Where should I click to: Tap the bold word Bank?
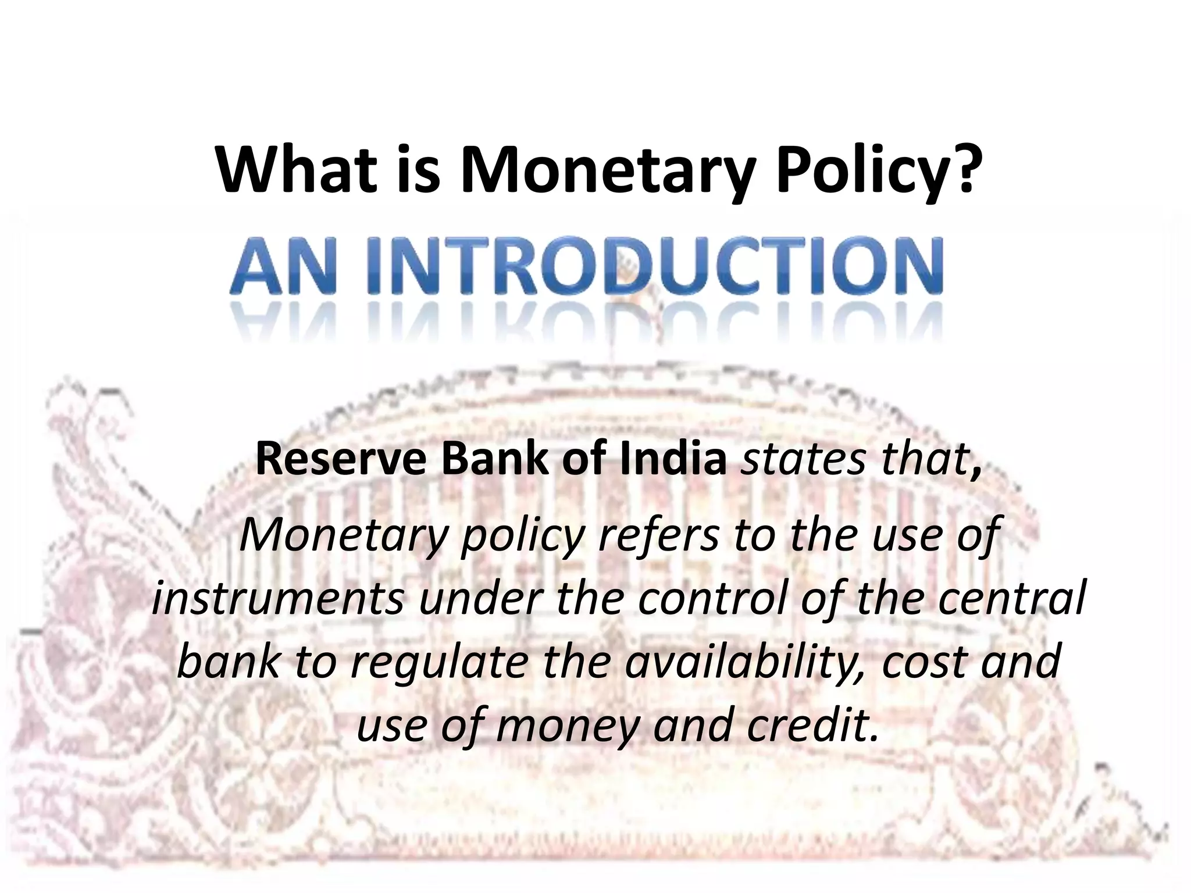click(494, 459)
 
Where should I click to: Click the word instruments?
click(279, 599)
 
